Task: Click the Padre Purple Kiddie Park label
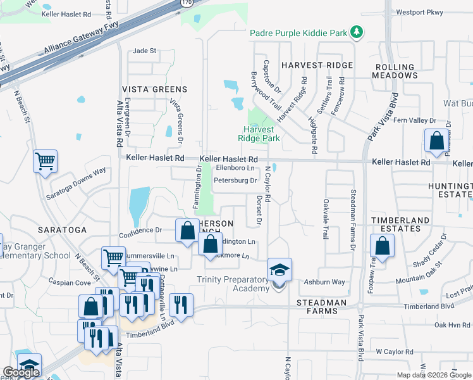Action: click(300, 32)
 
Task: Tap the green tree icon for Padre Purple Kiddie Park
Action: click(357, 32)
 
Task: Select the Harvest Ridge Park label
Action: click(259, 133)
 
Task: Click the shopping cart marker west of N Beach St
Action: click(46, 161)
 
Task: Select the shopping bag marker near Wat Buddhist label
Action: click(436, 142)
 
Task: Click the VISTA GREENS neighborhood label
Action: click(154, 89)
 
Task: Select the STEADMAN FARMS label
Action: click(322, 303)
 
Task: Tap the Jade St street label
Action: click(144, 51)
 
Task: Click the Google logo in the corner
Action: click(21, 372)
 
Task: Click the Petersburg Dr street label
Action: click(235, 180)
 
